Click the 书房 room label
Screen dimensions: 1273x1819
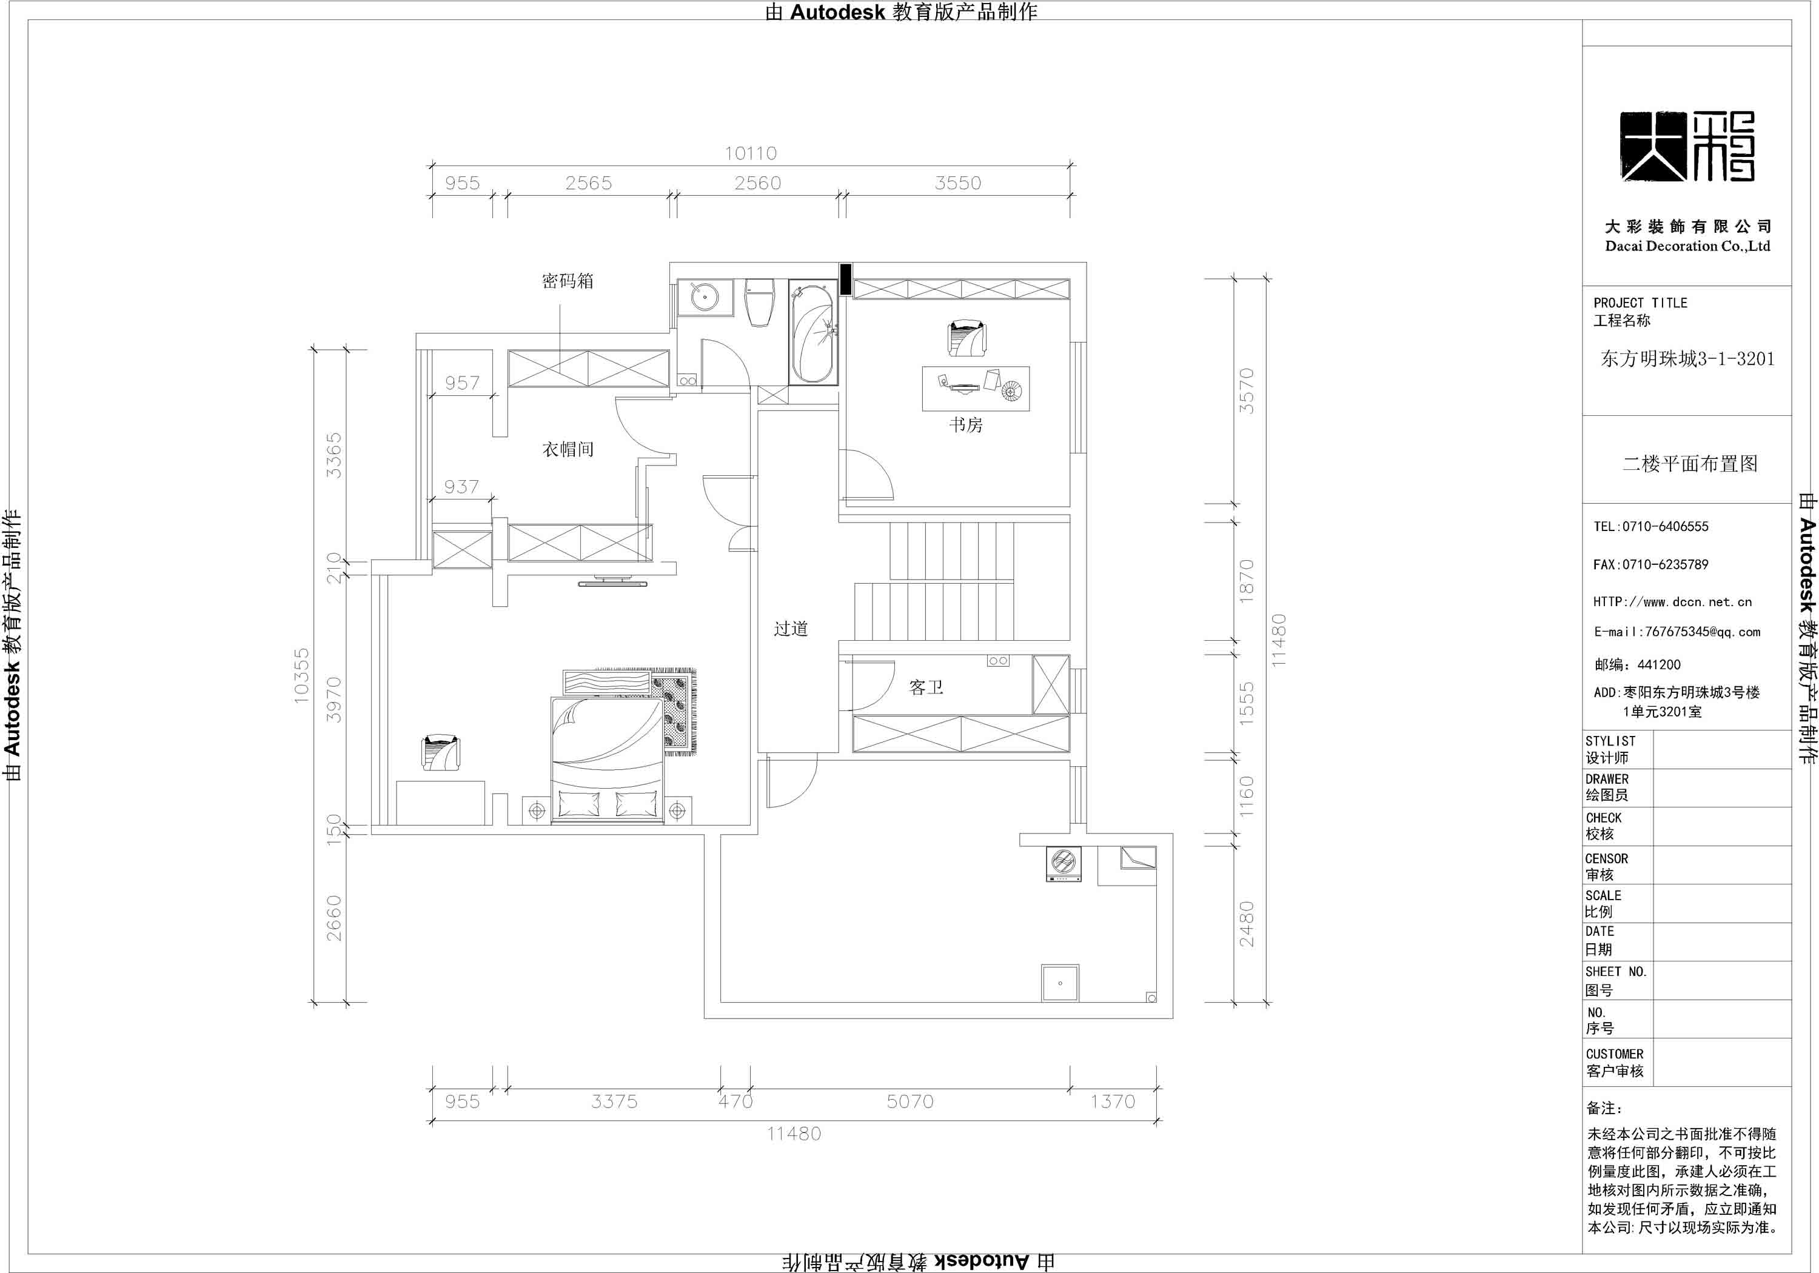(x=966, y=426)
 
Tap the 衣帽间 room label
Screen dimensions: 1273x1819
(x=568, y=449)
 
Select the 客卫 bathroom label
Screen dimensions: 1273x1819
(x=926, y=687)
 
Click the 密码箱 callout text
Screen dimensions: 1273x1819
(x=568, y=281)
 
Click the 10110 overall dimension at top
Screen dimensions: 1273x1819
(x=750, y=153)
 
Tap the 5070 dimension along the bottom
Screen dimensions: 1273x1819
(x=909, y=1101)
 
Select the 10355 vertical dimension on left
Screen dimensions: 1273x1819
(x=302, y=675)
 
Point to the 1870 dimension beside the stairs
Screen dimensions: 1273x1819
(x=1246, y=581)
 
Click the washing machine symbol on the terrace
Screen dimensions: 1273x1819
(x=1062, y=863)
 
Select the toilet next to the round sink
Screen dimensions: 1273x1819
(x=759, y=301)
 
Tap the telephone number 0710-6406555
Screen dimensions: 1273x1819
(x=1651, y=527)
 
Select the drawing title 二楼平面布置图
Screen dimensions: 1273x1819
(x=1689, y=463)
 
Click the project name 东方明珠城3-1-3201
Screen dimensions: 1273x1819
(x=1687, y=359)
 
